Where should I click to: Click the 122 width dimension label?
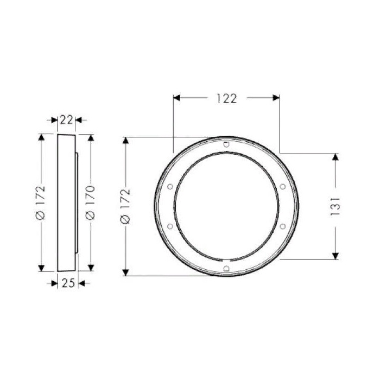pyautogui.click(x=226, y=98)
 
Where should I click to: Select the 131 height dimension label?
pyautogui.click(x=335, y=205)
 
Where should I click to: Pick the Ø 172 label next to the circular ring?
pyautogui.click(x=126, y=206)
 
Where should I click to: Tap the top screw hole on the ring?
pyautogui.click(x=226, y=144)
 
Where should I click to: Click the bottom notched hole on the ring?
pyautogui.click(x=226, y=268)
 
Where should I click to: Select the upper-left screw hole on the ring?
pyautogui.click(x=170, y=187)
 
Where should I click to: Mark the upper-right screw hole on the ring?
pyautogui.click(x=282, y=187)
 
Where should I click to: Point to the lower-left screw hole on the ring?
pyautogui.click(x=170, y=226)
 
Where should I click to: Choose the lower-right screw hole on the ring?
pyautogui.click(x=282, y=226)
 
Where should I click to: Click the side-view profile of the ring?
pyautogui.click(x=67, y=202)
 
